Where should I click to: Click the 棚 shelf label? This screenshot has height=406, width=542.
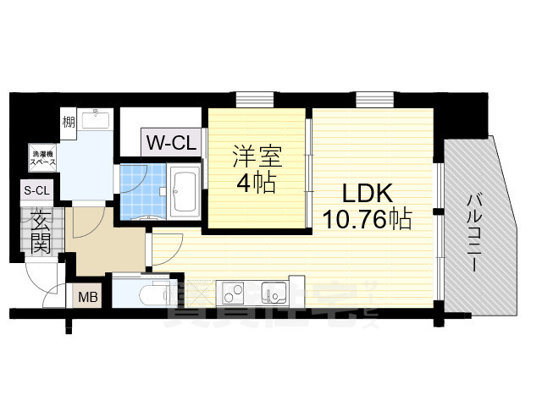coord(69,123)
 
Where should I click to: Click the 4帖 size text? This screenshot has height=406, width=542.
coord(256,184)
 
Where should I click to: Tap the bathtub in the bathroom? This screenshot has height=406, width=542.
coord(185,189)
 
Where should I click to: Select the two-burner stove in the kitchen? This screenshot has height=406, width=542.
coord(234,294)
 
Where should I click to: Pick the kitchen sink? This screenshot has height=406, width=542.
coord(274,293)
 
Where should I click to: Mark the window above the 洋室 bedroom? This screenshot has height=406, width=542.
coord(252,100)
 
